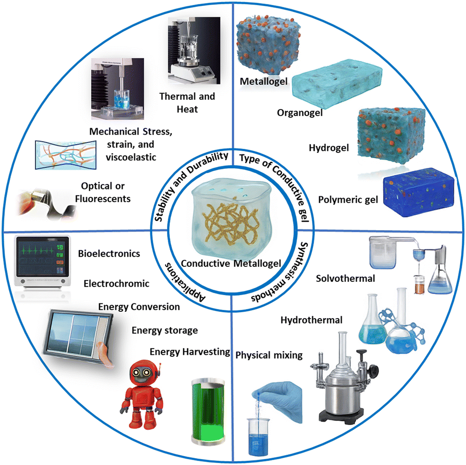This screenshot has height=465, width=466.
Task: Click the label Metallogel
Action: [264, 80]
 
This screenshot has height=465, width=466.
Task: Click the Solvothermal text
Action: [345, 279]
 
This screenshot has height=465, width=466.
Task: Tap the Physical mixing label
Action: [269, 355]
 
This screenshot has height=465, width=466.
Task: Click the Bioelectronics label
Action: [109, 254]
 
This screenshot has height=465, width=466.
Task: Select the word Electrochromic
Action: [116, 283]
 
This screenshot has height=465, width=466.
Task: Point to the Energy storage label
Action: [165, 330]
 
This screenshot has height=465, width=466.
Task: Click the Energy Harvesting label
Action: [190, 351]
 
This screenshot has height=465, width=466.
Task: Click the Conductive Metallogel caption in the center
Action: [231, 263]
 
